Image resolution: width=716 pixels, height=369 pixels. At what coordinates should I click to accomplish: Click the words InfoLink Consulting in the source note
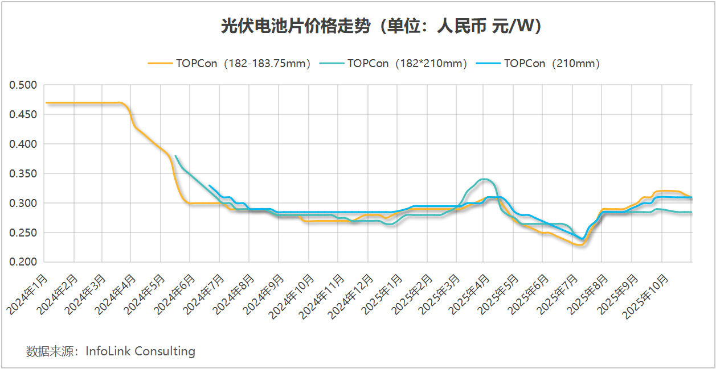140,351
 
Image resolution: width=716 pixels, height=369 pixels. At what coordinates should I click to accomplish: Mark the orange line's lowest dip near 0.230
580,244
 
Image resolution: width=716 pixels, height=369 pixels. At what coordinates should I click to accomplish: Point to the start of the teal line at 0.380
175,156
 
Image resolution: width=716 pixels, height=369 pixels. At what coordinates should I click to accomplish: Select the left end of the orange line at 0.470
47,103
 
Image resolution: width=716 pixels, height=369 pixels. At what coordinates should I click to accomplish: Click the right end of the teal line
691,212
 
